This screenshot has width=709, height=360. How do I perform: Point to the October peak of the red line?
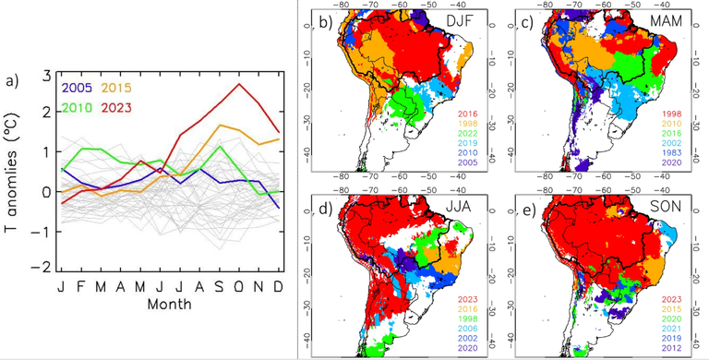tap(240, 85)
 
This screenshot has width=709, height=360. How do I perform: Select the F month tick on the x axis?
tap(80, 286)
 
